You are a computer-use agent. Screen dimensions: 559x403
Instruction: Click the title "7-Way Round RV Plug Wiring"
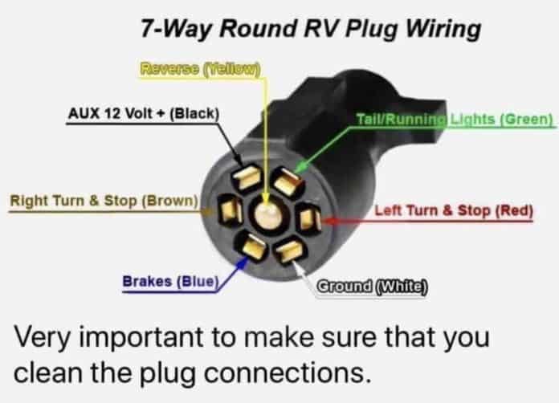click(x=311, y=29)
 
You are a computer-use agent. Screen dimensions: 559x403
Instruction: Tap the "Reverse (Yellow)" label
click(x=200, y=69)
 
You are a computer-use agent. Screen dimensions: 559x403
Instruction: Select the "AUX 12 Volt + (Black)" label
click(x=143, y=114)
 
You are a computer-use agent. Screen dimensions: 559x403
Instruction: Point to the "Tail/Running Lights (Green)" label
click(x=455, y=119)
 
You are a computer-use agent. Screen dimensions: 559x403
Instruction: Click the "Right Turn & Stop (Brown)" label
click(x=104, y=201)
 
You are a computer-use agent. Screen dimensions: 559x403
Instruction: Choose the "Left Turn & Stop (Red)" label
click(x=454, y=210)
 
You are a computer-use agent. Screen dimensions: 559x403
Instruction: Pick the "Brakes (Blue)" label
click(x=170, y=282)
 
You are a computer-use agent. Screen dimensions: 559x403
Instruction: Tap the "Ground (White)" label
click(x=372, y=286)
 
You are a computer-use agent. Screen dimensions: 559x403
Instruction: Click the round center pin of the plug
click(x=268, y=214)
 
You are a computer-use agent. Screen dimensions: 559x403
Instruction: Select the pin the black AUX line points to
click(x=247, y=177)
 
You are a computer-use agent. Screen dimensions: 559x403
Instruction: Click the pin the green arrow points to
click(x=287, y=181)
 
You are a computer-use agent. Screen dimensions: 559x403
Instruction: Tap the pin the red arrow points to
click(x=308, y=218)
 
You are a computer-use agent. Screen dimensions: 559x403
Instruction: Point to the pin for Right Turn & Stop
click(x=230, y=210)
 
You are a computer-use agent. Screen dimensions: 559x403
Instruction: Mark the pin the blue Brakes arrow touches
click(x=251, y=246)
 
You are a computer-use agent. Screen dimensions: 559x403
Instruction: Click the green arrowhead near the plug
click(x=302, y=166)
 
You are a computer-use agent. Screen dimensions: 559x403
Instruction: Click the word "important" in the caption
click(x=141, y=337)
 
